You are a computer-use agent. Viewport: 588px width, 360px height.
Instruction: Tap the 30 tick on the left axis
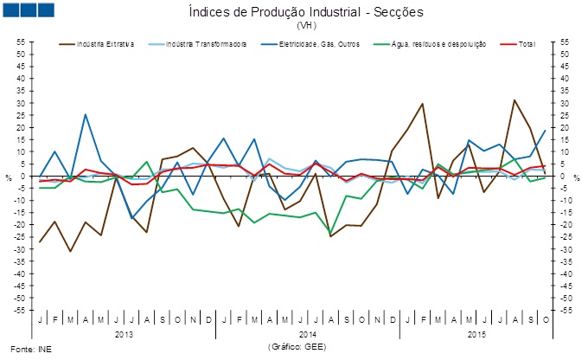pos(20,103)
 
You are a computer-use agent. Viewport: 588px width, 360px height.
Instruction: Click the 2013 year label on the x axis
pos(124,333)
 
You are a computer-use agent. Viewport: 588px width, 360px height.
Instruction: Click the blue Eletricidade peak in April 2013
pos(85,114)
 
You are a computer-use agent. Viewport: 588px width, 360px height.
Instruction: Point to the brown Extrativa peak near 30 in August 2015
pos(514,100)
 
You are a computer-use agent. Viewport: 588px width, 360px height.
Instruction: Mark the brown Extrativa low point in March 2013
pos(70,251)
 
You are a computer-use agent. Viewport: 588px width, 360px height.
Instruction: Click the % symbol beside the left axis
pos(9,178)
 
